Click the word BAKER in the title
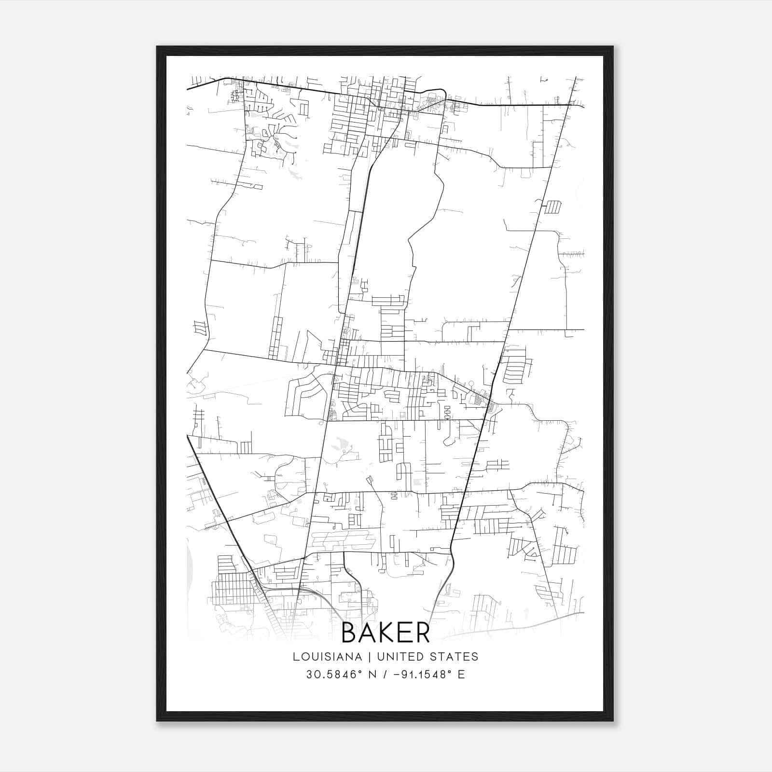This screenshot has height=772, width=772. [386, 633]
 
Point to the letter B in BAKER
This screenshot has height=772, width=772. [350, 633]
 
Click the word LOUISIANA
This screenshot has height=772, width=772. [327, 657]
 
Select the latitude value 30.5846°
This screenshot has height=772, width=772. [333, 675]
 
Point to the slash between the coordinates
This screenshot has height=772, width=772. [384, 675]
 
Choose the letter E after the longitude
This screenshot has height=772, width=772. [461, 675]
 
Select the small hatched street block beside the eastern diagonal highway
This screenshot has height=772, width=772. [553, 207]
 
